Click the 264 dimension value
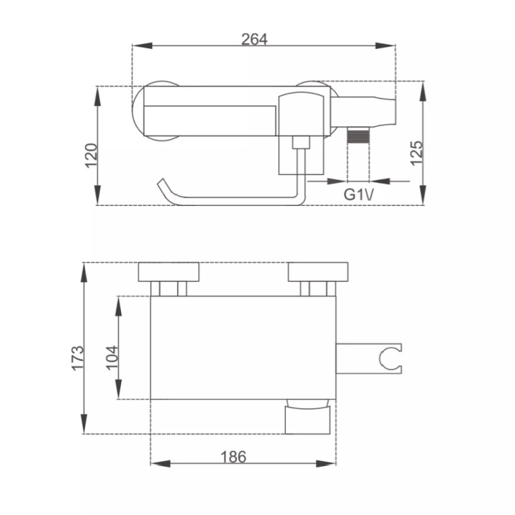point(254,39)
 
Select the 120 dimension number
point(91,155)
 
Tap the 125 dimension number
point(416,153)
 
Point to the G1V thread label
point(359,194)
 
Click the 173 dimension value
point(78,358)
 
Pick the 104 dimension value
point(112,358)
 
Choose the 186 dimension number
point(233,456)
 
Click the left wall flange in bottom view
point(169,272)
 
